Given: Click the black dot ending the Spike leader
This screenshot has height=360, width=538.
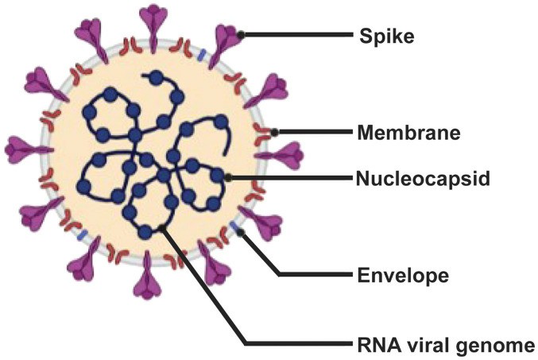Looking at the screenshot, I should click(x=242, y=34).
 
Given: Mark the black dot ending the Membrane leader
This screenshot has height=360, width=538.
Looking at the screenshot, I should click(x=275, y=132).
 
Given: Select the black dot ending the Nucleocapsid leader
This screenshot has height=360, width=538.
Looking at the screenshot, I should click(x=229, y=177).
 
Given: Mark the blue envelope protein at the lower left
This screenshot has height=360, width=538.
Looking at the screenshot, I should click(x=82, y=236).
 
